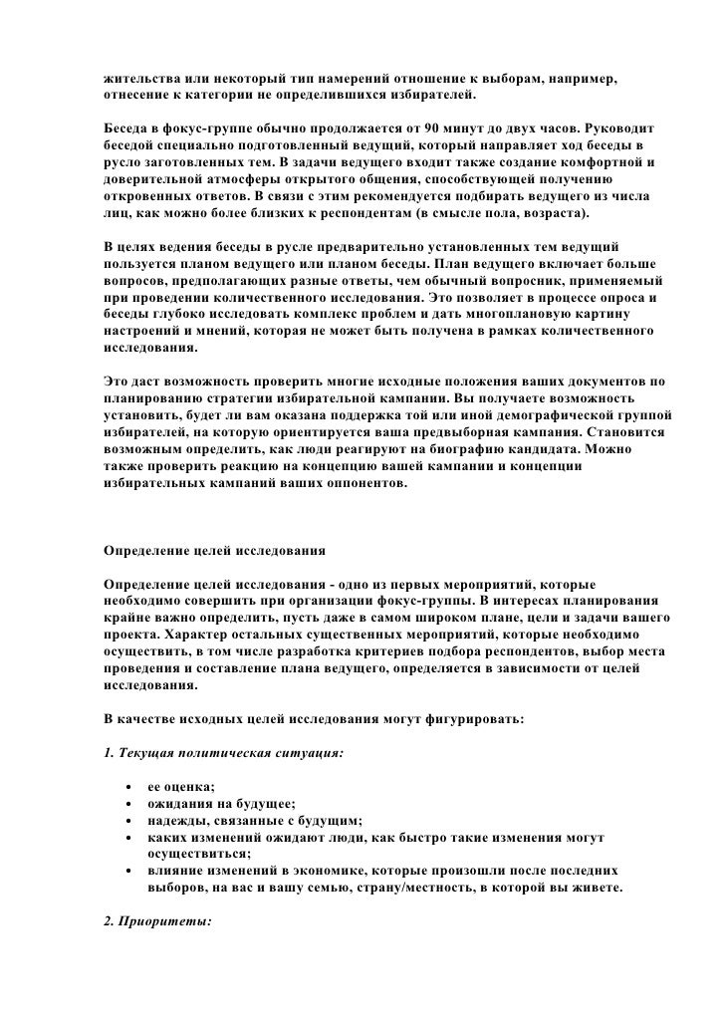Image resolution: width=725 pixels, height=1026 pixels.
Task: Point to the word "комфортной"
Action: [x=603, y=161]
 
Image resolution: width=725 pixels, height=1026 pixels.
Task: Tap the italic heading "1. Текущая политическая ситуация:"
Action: [x=224, y=754]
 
